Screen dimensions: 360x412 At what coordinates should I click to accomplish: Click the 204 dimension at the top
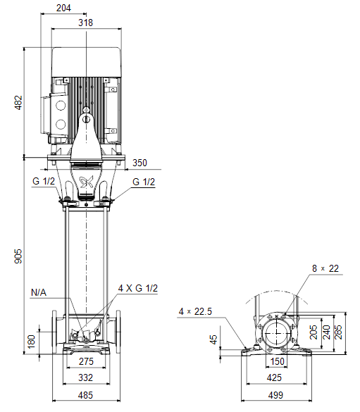click(x=63, y=8)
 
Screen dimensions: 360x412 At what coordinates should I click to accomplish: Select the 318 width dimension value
click(x=86, y=23)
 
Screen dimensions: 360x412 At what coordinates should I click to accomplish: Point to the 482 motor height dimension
click(x=18, y=103)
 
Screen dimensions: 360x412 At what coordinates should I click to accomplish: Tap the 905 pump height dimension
click(x=18, y=256)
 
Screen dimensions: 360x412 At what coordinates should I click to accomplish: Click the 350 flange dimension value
click(x=139, y=163)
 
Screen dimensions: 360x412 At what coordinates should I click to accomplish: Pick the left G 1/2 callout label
click(x=44, y=181)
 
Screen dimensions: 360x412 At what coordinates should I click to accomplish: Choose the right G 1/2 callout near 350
click(x=144, y=182)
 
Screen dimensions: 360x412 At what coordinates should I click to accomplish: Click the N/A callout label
click(x=39, y=292)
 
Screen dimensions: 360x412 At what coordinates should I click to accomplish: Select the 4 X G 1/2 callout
click(x=138, y=288)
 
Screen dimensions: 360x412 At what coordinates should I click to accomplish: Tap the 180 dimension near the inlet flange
click(x=31, y=342)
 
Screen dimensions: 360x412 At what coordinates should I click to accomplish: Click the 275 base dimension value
click(x=86, y=361)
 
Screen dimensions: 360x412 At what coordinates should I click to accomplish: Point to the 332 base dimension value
click(x=86, y=377)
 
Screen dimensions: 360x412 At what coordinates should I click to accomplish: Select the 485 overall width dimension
click(x=85, y=395)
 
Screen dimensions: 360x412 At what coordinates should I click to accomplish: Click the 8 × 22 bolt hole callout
click(x=325, y=268)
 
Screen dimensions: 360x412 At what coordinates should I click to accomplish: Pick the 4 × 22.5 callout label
click(x=195, y=311)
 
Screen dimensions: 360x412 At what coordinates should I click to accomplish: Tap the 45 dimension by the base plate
click(x=214, y=339)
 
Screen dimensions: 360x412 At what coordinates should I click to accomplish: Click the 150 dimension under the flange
click(x=278, y=361)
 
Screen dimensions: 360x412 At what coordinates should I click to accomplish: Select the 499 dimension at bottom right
click(x=275, y=395)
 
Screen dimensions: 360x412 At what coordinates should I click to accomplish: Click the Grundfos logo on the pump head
click(x=87, y=182)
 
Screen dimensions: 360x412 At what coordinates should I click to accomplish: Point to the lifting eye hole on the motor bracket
click(x=86, y=120)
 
